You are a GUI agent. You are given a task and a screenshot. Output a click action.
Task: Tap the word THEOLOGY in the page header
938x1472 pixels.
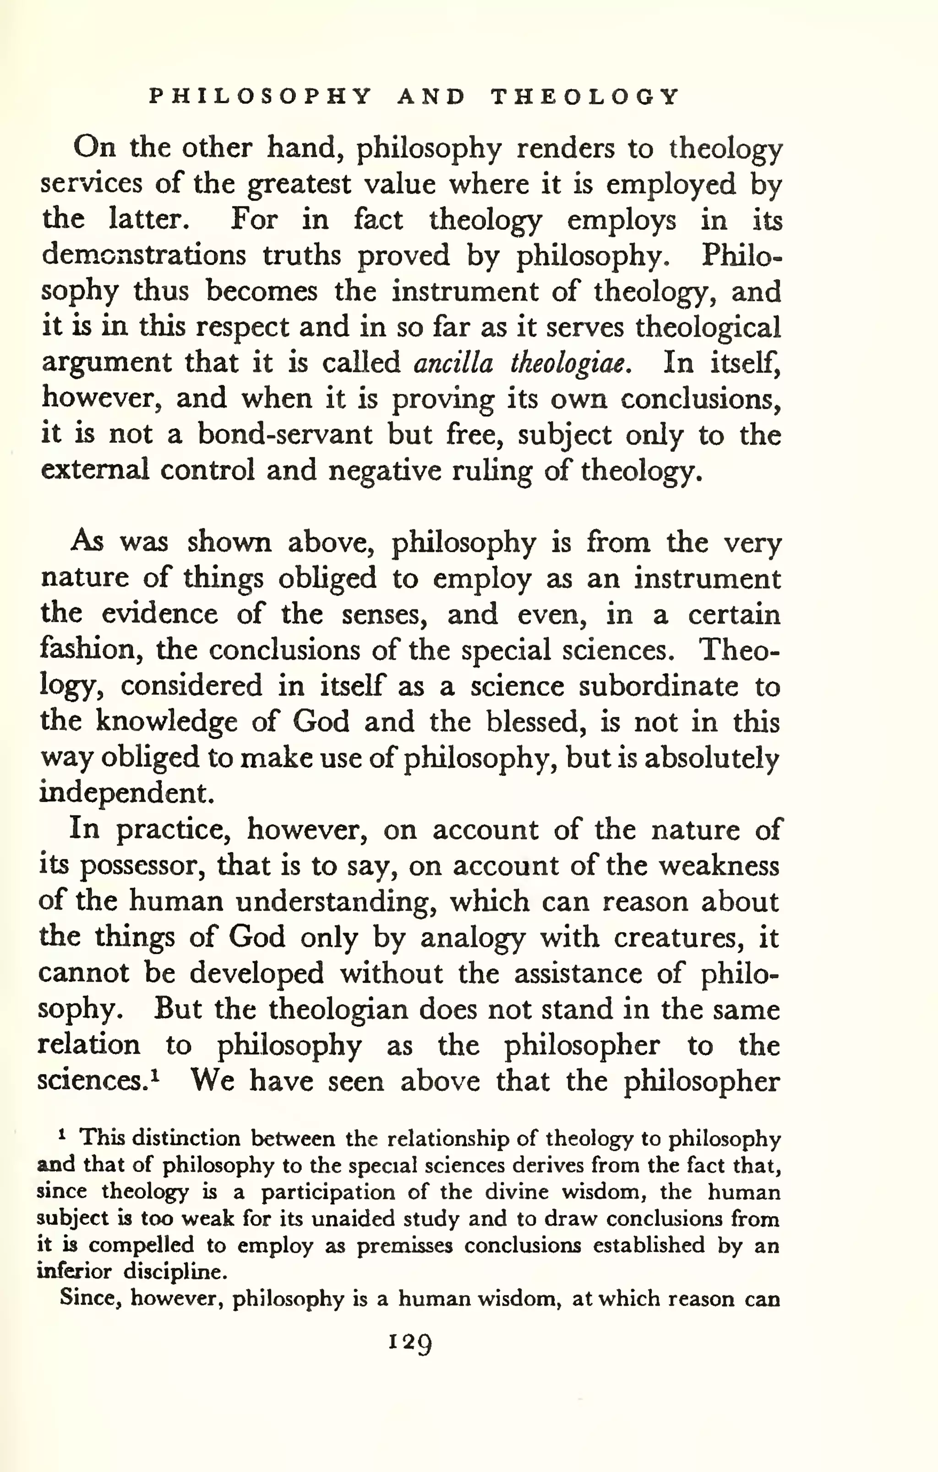point(585,97)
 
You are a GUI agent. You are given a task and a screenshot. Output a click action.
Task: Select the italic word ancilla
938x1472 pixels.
point(453,363)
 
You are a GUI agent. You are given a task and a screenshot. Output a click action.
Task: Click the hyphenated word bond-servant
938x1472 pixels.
point(284,434)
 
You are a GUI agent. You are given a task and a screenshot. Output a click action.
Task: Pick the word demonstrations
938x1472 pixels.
point(144,255)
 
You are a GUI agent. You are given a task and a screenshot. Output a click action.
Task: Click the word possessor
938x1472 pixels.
point(142,866)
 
